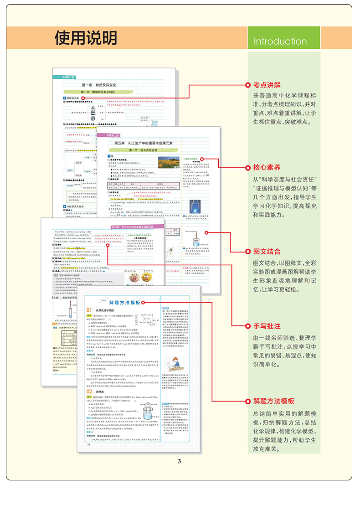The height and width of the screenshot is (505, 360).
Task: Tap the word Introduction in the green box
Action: (280, 41)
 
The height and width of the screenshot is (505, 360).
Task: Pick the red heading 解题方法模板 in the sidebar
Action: (273, 401)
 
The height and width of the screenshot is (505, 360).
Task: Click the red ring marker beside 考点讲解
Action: (247, 85)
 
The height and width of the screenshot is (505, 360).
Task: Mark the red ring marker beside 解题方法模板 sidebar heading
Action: (247, 401)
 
